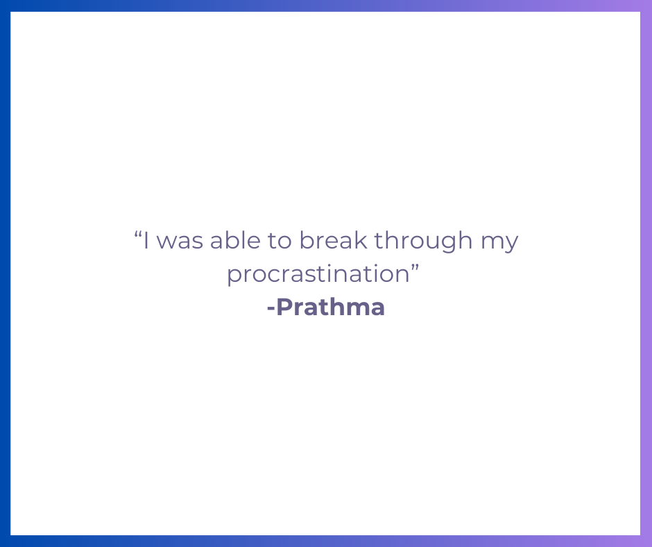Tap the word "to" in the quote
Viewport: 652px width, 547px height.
pyautogui.click(x=280, y=242)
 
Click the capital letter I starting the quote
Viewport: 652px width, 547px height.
pyautogui.click(x=147, y=241)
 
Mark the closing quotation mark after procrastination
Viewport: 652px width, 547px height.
pyautogui.click(x=416, y=267)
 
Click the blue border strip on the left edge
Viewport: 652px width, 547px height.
pyautogui.click(x=5, y=273)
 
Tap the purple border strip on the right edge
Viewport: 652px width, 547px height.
pyautogui.click(x=646, y=273)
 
